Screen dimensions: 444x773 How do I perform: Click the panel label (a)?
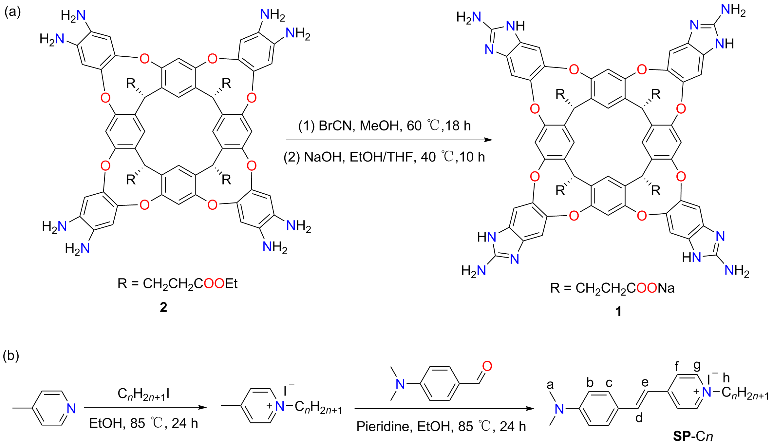coord(12,12)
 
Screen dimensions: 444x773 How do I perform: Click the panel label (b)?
coord(11,356)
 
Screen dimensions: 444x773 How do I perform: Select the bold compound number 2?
coord(163,307)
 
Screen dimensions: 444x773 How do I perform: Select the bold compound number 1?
coord(618,311)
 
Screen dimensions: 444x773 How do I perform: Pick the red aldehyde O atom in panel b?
coord(487,366)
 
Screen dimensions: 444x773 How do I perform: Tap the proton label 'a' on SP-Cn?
coord(550,385)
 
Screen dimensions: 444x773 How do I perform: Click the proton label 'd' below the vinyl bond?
coord(639,418)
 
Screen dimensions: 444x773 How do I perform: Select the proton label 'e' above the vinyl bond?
coord(645,382)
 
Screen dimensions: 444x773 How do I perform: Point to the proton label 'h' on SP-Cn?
coord(726,378)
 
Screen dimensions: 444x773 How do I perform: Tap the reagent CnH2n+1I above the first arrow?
coord(143,394)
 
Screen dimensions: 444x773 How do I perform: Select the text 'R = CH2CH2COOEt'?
coord(178,284)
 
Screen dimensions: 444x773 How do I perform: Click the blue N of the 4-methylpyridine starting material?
coord(71,408)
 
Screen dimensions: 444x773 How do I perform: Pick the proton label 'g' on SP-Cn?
coord(697,365)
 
